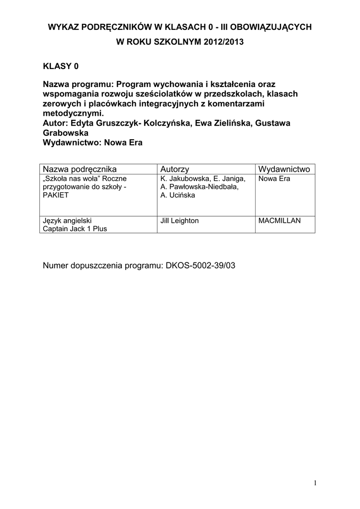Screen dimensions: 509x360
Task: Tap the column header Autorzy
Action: coord(175,169)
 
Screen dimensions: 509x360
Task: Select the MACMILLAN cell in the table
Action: coord(279,221)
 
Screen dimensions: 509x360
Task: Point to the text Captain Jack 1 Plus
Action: coord(75,229)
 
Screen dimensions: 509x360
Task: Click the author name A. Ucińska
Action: coord(178,195)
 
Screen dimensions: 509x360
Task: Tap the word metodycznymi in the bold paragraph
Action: coord(74,113)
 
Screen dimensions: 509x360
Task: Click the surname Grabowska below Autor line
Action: coord(67,133)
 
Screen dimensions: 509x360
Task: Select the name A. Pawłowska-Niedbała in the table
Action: coord(196,187)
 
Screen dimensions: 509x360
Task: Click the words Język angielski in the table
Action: coord(67,221)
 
